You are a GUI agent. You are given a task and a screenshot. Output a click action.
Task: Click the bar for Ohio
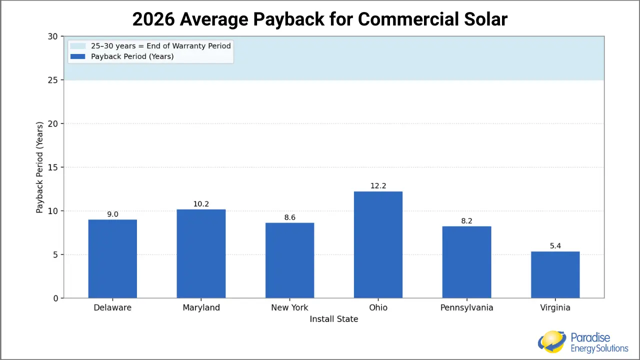(378, 245)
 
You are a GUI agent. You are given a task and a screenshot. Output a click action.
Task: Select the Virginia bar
(555, 275)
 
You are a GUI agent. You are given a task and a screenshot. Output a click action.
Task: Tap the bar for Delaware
(112, 259)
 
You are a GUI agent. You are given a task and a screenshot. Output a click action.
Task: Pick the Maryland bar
(201, 254)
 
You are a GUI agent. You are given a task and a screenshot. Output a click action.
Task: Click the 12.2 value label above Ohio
(378, 186)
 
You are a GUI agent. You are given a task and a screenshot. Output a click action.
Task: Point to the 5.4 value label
(555, 246)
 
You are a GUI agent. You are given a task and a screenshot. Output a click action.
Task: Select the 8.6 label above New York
(289, 217)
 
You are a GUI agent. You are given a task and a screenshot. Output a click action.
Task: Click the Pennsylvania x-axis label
(466, 307)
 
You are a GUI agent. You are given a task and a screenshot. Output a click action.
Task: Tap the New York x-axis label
(289, 307)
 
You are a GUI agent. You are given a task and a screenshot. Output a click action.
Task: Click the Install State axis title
(333, 319)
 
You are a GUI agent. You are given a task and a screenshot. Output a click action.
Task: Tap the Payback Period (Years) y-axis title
(39, 167)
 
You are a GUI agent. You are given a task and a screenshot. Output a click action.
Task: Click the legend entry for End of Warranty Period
(160, 46)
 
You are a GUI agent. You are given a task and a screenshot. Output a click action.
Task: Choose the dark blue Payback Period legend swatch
(78, 56)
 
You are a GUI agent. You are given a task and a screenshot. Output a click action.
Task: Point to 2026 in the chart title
(153, 19)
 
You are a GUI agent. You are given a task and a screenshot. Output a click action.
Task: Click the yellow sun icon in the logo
(552, 341)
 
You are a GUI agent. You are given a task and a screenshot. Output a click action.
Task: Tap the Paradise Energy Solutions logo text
(599, 343)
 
